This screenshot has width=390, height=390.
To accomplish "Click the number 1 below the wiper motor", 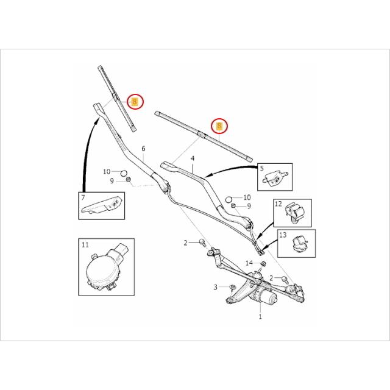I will tap(260, 317).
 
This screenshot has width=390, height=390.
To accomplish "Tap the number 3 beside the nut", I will tap(215, 286).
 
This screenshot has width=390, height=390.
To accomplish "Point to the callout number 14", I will tap(249, 263).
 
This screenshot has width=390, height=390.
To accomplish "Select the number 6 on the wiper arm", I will tap(143, 149).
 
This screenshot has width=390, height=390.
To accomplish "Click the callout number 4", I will tap(192, 159).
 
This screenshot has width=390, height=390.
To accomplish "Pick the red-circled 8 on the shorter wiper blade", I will tap(135, 102).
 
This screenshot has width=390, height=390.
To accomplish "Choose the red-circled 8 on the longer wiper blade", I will tap(218, 127).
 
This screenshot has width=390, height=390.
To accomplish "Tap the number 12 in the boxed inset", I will tap(277, 205).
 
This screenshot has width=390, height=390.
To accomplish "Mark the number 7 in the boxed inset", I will tap(82, 198).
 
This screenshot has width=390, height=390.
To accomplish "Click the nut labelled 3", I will tap(233, 286).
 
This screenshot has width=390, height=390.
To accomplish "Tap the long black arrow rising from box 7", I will tap(83, 152).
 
